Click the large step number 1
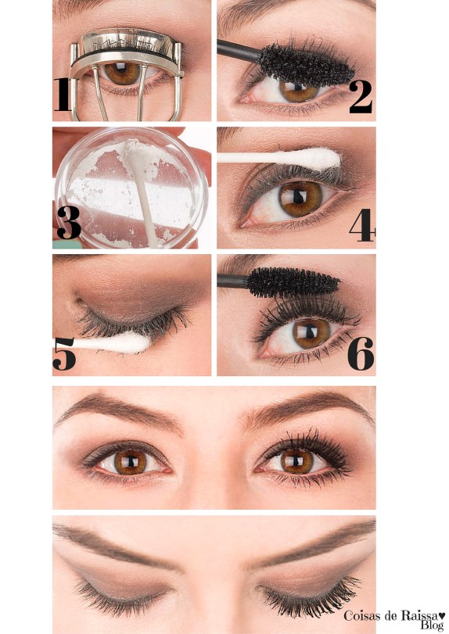(63, 95)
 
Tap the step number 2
(361, 97)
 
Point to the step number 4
(362, 225)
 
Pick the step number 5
(64, 354)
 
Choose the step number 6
(361, 354)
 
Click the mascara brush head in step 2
(306, 65)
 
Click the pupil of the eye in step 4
(299, 197)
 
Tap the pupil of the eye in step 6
(311, 332)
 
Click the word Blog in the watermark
(432, 625)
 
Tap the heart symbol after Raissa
(442, 615)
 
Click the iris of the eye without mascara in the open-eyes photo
(131, 462)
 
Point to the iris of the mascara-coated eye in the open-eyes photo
(297, 461)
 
